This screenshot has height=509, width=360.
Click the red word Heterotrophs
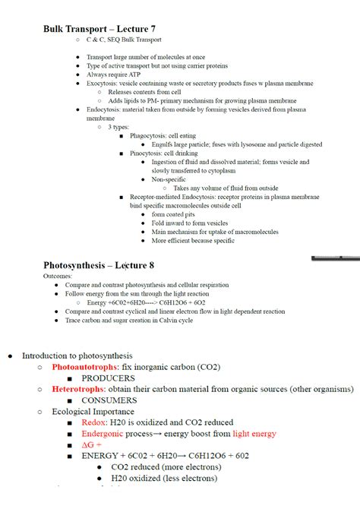coord(77,389)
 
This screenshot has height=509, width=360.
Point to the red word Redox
coord(94,422)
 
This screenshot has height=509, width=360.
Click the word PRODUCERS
coord(108,378)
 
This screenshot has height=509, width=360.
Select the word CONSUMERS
coord(109,400)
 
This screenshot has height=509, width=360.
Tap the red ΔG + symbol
coord(92,444)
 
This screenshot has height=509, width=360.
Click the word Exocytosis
coord(105,84)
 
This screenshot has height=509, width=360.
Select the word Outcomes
coord(58,277)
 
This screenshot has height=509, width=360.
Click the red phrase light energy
coord(254,434)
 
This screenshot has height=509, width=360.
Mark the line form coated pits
coord(174,214)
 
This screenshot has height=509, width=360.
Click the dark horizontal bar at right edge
coord(336,258)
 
